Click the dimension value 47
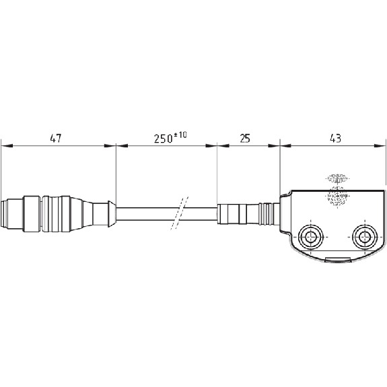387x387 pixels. point(56,138)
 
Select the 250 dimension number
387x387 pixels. point(163,139)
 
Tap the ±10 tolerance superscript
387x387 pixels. point(180,135)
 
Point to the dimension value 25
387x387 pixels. point(245,139)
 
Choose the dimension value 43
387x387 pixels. point(335,139)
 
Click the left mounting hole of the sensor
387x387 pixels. point(310,237)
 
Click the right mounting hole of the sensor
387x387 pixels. point(365,237)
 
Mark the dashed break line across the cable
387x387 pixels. point(180,213)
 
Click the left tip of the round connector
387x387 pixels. point(1,214)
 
